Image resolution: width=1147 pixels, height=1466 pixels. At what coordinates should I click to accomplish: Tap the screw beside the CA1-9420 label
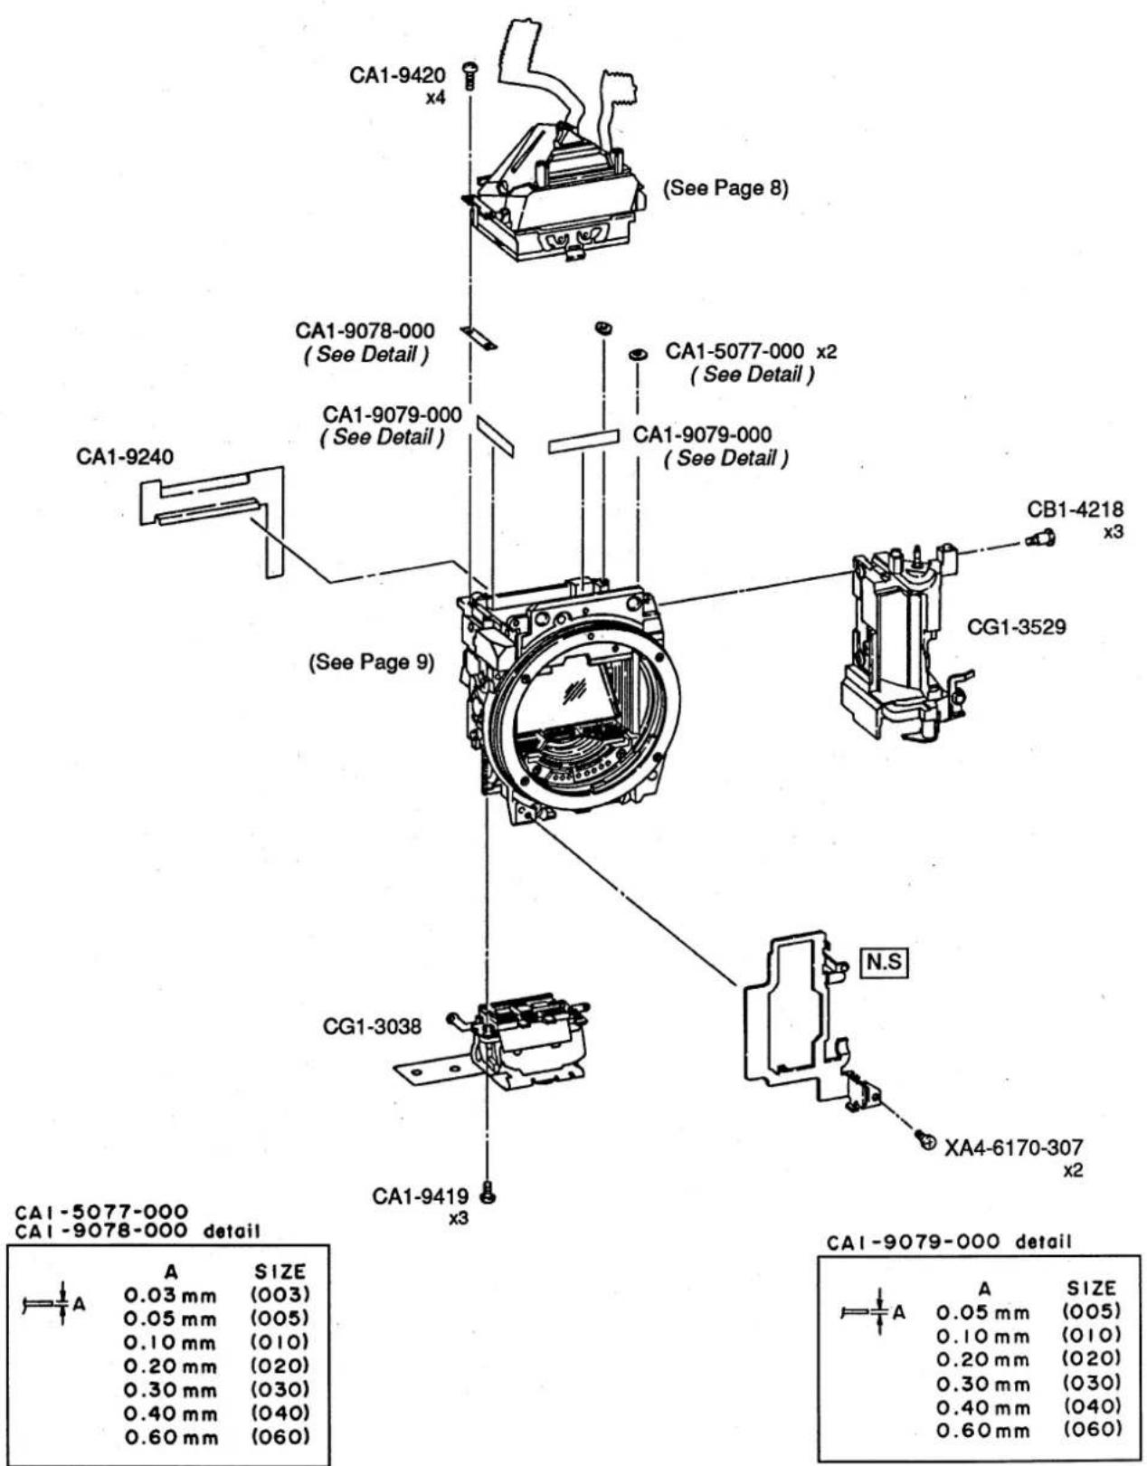click(469, 74)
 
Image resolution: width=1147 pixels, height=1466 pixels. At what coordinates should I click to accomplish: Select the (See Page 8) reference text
click(725, 187)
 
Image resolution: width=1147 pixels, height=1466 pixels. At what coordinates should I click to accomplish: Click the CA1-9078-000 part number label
click(365, 331)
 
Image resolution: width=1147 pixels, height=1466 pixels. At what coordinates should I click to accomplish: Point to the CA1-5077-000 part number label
click(735, 351)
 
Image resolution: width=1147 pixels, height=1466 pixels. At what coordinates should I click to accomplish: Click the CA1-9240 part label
click(125, 457)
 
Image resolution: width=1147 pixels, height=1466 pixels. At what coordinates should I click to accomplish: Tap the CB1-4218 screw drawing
click(1039, 538)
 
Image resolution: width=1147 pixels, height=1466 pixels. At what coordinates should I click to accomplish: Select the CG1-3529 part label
click(1016, 627)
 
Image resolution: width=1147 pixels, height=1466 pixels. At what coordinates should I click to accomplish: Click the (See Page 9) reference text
click(371, 662)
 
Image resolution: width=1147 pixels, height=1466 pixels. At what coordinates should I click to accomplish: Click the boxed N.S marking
click(884, 961)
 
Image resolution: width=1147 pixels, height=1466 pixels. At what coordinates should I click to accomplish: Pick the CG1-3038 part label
click(372, 1026)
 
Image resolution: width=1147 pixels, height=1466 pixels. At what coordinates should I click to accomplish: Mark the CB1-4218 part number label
click(1076, 509)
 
